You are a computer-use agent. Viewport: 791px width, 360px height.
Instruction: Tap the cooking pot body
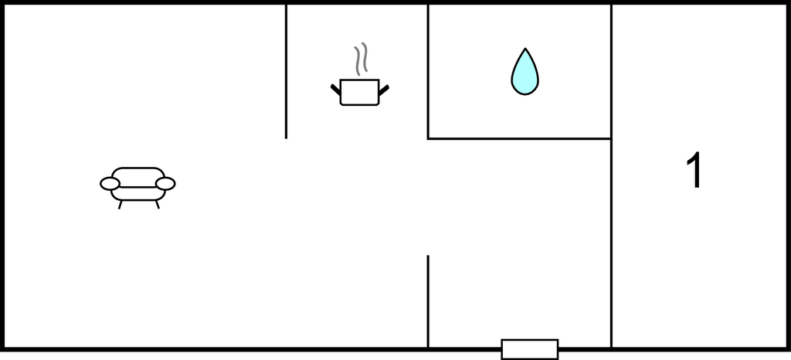coord(360,92)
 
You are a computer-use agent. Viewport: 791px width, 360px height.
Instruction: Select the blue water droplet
coord(525,72)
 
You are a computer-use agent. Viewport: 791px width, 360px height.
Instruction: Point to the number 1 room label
coord(694,170)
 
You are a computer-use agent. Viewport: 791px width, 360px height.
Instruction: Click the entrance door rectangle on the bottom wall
coord(530,349)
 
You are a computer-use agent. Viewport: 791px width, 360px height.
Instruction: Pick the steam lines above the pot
coord(361,59)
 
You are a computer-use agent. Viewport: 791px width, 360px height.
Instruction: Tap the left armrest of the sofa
coord(110,184)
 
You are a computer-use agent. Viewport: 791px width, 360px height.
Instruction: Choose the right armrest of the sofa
coord(165,184)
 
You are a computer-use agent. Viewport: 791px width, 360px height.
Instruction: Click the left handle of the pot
coord(336,90)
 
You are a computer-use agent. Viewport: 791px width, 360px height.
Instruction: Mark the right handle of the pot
coord(383,90)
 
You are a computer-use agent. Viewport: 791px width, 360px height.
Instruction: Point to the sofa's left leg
coord(120,204)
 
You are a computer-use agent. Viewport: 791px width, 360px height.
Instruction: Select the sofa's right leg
coord(158,204)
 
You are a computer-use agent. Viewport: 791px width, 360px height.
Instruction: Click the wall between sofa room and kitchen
coord(286,71)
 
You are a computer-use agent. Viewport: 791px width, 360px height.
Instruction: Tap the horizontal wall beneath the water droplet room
coord(520,138)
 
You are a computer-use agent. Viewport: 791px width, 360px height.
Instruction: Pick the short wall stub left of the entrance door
coord(428,301)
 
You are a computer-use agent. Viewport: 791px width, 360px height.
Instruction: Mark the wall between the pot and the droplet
coord(428,71)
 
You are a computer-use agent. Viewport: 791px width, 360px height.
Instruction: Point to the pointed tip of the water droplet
coord(525,49)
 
